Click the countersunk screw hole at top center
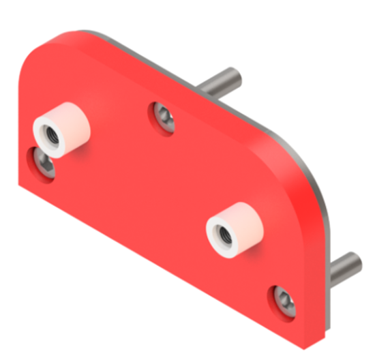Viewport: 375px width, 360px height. pyautogui.click(x=163, y=117)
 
